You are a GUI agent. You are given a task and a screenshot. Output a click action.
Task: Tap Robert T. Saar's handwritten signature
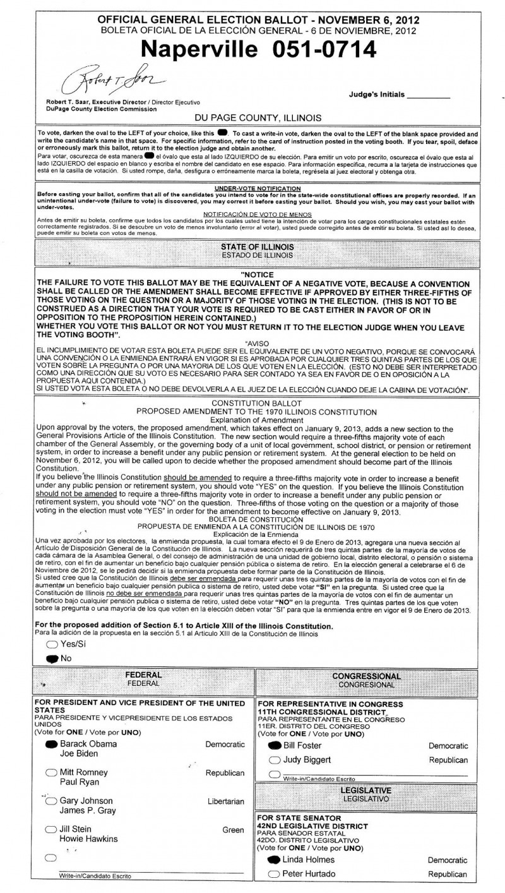[x=117, y=81]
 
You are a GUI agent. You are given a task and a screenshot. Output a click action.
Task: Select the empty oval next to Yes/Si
[x=51, y=645]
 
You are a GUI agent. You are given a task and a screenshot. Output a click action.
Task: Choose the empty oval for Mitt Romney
[x=51, y=772]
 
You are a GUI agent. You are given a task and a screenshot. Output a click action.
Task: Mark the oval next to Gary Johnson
[x=51, y=801]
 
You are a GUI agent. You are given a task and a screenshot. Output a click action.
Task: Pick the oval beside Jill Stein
[x=51, y=829]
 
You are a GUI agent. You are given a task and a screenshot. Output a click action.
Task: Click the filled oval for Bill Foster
[x=275, y=746]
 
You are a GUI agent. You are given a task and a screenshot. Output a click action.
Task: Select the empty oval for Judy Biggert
[x=275, y=760]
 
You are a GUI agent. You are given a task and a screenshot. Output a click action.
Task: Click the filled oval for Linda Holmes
[x=275, y=860]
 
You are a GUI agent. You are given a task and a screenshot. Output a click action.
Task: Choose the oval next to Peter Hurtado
[x=275, y=874]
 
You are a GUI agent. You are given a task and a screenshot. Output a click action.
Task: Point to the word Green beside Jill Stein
[x=233, y=830]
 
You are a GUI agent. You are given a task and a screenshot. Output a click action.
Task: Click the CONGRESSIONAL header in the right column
[x=367, y=676]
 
